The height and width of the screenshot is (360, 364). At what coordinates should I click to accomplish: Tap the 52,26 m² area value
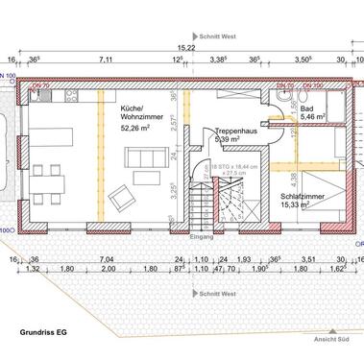point(137,127)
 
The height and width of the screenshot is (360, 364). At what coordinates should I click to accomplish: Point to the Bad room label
point(306,110)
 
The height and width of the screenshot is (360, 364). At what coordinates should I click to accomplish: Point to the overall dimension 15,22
point(185,47)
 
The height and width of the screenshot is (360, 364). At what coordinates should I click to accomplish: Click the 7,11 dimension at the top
point(106,60)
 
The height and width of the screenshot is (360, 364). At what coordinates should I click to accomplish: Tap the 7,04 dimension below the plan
point(107,258)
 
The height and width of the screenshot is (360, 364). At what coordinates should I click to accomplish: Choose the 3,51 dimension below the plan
point(308,258)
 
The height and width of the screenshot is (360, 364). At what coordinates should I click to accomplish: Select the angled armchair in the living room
point(123,199)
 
